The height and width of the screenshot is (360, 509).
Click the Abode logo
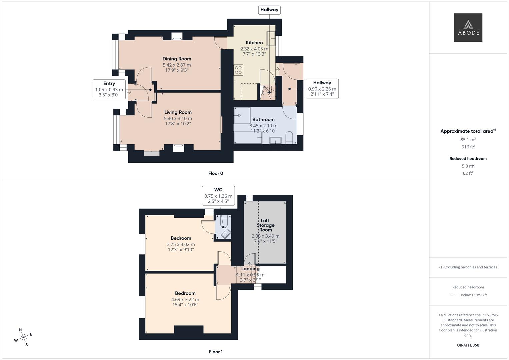click(468, 27)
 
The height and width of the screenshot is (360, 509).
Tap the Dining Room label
click(177, 59)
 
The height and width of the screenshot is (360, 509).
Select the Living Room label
click(178, 112)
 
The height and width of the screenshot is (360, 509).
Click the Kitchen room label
click(254, 43)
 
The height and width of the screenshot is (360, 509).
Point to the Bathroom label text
click(263, 119)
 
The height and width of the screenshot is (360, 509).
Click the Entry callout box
click(109, 89)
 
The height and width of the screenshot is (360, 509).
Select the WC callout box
click(218, 195)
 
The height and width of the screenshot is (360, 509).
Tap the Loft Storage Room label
click(265, 225)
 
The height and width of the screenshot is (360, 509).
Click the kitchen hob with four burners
click(238, 70)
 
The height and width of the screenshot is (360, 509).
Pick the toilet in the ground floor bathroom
click(289, 137)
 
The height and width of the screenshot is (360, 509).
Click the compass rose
click(23, 338)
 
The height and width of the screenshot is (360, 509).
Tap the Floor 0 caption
click(216, 173)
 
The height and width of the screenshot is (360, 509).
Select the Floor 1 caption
click(216, 352)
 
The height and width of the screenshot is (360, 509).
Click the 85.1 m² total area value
click(468, 140)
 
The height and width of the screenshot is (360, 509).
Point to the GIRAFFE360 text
click(468, 345)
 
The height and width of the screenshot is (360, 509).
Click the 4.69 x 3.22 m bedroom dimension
click(185, 299)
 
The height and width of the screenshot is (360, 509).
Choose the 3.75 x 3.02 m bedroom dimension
click(181, 244)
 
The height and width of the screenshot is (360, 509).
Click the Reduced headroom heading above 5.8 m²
click(468, 159)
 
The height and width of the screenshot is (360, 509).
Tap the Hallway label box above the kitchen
click(269, 10)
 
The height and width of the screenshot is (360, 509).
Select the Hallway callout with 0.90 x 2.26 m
click(322, 88)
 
